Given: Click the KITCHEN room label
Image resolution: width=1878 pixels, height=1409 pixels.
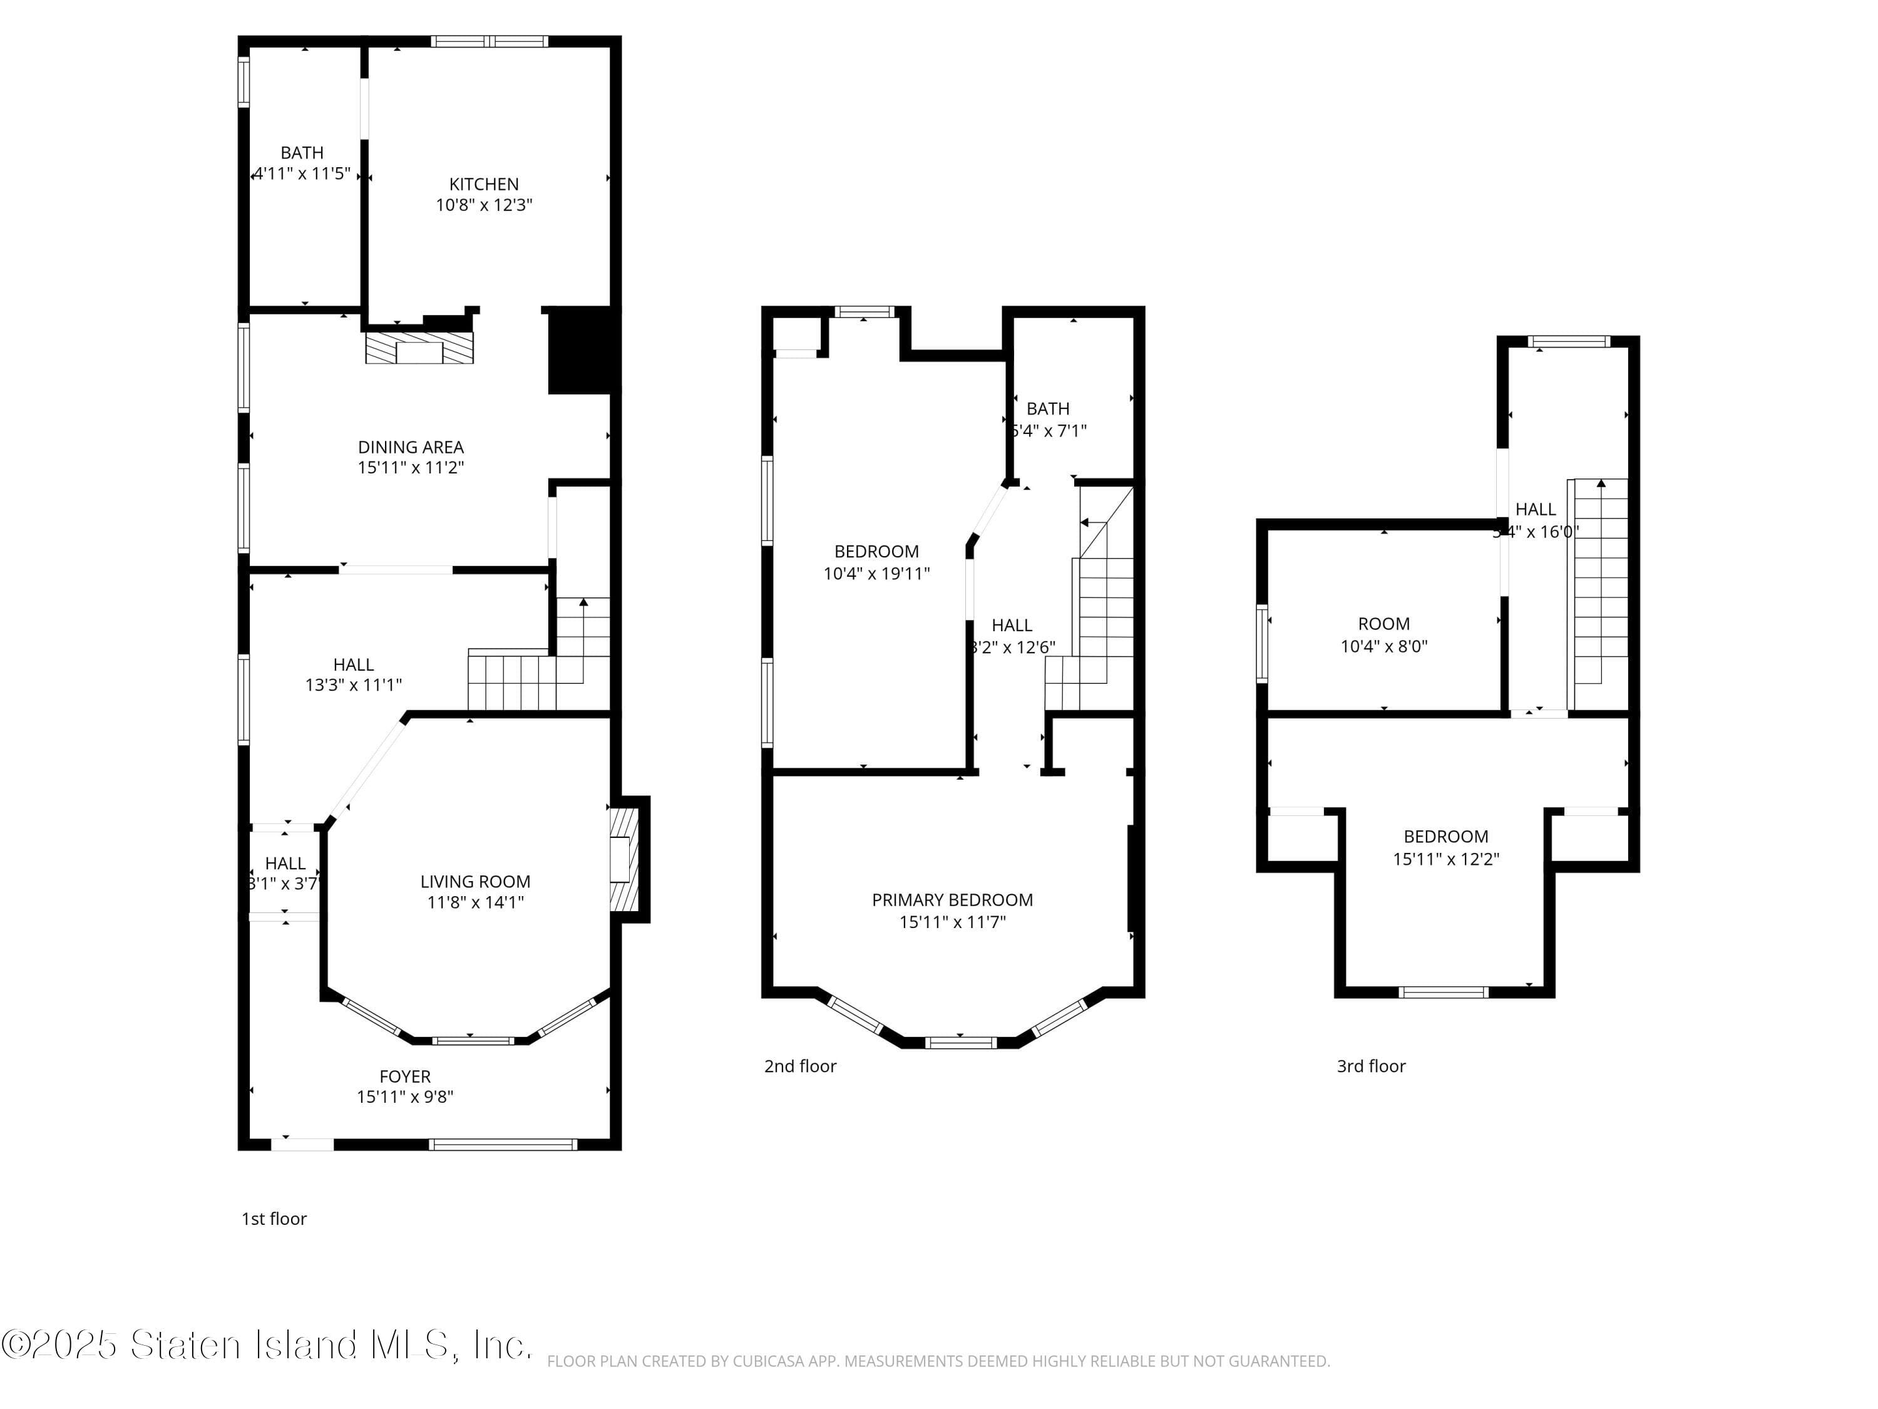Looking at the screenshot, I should click(483, 184).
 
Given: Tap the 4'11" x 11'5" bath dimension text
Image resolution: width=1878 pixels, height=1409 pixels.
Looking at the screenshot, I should click(303, 174).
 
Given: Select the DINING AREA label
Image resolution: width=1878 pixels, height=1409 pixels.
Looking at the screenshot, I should click(410, 446).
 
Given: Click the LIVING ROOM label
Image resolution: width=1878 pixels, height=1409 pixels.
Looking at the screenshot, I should click(475, 882).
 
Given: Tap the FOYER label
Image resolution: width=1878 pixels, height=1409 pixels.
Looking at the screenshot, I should click(405, 1076).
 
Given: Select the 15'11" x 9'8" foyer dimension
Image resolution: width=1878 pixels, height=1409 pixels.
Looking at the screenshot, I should click(405, 1097).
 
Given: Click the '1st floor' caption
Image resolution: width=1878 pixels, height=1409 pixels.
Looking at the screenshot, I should click(274, 1219).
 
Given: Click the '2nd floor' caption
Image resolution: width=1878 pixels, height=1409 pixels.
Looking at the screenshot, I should click(800, 1066).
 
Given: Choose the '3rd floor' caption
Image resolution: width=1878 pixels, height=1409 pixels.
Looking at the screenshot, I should click(1370, 1066).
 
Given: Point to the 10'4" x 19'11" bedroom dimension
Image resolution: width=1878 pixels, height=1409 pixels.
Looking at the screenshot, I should click(876, 573).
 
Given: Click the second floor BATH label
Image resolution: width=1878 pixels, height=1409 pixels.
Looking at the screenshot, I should click(1048, 408).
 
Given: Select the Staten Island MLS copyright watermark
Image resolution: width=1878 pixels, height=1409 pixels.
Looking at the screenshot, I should click(267, 1344).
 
